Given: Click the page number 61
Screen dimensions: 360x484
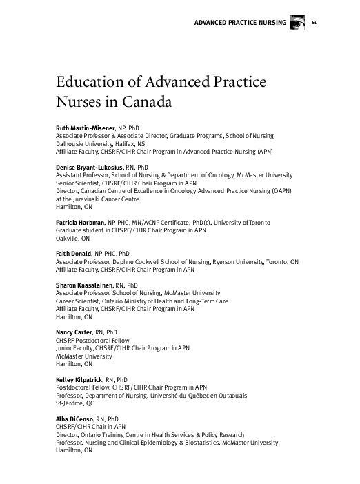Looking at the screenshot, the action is point(315,23).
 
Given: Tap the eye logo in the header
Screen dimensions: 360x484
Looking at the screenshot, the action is point(299,22).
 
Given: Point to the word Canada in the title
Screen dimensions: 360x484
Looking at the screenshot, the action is point(143,103).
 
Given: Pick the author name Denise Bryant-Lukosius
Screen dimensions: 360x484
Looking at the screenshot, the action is point(89,168).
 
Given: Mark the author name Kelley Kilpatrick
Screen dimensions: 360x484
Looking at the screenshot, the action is point(78,379).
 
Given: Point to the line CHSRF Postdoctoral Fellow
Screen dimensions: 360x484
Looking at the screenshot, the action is point(92,341).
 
